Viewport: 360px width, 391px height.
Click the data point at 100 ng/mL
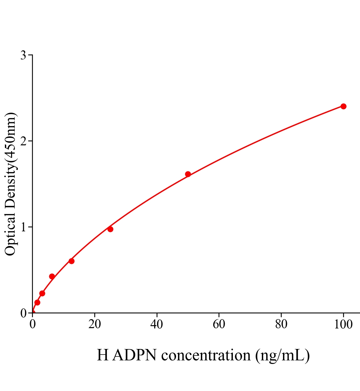pos(343,106)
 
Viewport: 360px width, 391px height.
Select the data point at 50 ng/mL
pos(188,174)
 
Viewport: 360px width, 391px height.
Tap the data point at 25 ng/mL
pos(110,229)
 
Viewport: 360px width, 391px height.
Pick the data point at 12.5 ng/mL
pos(71,261)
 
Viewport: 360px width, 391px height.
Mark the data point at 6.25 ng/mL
pos(52,276)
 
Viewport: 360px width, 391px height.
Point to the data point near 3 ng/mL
pos(42,293)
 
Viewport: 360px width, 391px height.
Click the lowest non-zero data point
pos(37,302)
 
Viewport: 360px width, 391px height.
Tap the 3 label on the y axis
pos(23,55)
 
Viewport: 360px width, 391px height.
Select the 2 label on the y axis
pos(23,141)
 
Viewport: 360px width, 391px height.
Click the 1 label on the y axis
pos(23,227)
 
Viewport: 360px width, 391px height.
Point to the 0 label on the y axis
pos(23,313)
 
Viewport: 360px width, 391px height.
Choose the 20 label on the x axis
pos(95,325)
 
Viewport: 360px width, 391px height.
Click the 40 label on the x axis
pos(157,325)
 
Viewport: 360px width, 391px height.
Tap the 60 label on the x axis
pos(219,325)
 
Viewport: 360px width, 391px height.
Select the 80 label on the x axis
pos(281,325)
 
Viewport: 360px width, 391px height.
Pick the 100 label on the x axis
pos(343,325)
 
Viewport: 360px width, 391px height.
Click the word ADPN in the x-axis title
pos(135,355)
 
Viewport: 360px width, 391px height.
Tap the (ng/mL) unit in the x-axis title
pos(283,355)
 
